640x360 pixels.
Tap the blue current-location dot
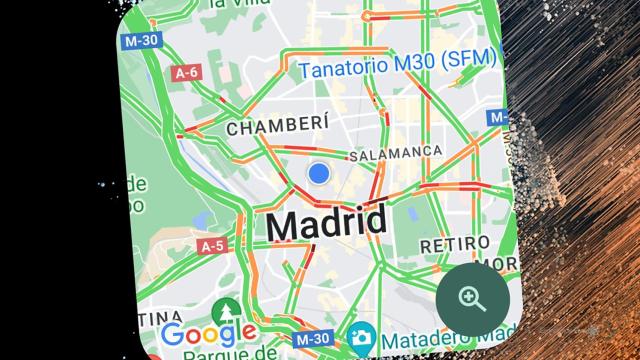(x=319, y=173)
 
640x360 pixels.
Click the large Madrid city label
(x=326, y=223)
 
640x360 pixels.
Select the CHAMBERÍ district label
(x=264, y=129)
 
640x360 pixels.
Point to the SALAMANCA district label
(x=395, y=153)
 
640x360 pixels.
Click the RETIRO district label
(x=454, y=244)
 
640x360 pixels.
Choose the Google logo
(x=208, y=335)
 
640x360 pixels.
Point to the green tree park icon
(x=231, y=310)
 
